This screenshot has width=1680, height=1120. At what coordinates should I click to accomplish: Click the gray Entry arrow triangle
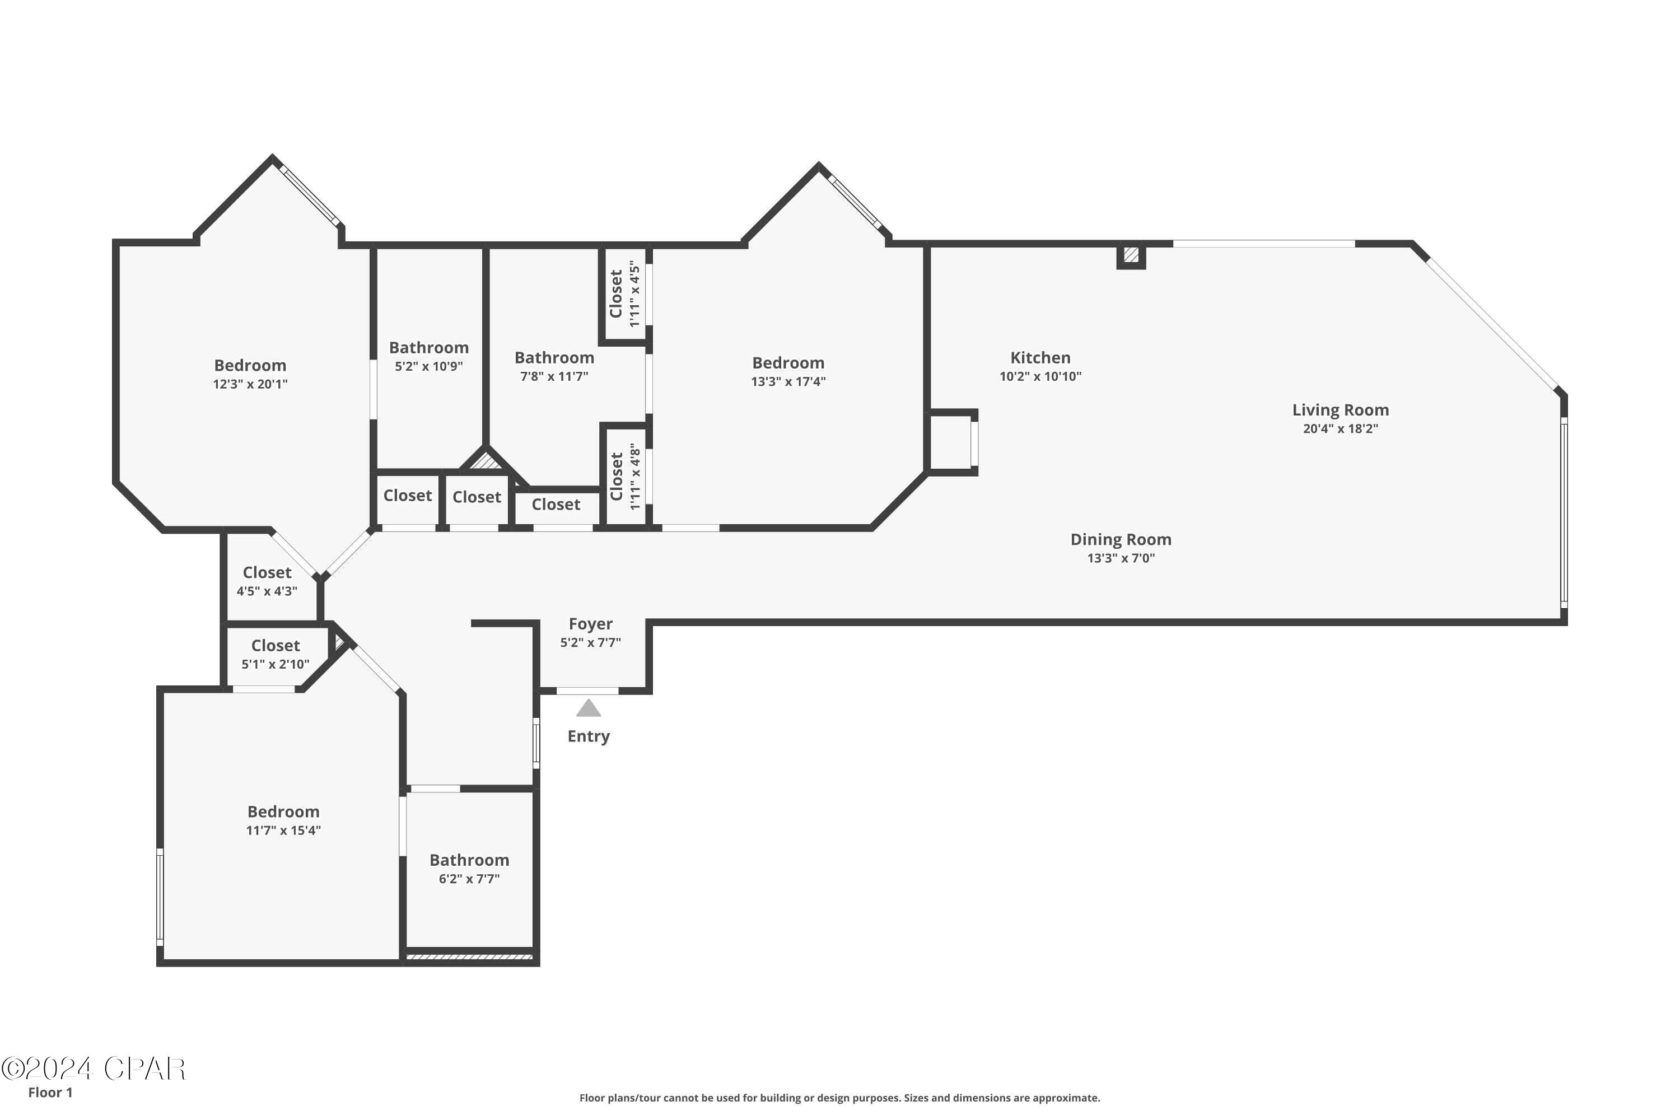[588, 708]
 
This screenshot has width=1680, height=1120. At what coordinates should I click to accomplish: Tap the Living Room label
[1340, 410]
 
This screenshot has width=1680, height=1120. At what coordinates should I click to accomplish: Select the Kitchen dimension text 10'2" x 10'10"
[1040, 376]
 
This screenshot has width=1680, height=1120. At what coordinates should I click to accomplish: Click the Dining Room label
[1120, 539]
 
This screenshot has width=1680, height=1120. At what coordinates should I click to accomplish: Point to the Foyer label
[590, 624]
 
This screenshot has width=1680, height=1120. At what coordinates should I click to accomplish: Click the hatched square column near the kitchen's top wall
[1131, 255]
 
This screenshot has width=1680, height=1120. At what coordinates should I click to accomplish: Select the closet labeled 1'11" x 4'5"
[624, 293]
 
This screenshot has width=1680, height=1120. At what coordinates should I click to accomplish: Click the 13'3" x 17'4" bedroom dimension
[788, 381]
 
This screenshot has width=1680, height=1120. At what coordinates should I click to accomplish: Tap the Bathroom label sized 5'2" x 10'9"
[428, 348]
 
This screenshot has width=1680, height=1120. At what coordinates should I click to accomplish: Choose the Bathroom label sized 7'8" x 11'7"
[554, 358]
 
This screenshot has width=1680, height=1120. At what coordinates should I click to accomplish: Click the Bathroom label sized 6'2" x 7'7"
[469, 860]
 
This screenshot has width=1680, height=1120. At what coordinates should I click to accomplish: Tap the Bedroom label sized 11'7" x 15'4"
[283, 811]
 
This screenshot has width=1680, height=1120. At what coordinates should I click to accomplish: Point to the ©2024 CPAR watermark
[93, 1068]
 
